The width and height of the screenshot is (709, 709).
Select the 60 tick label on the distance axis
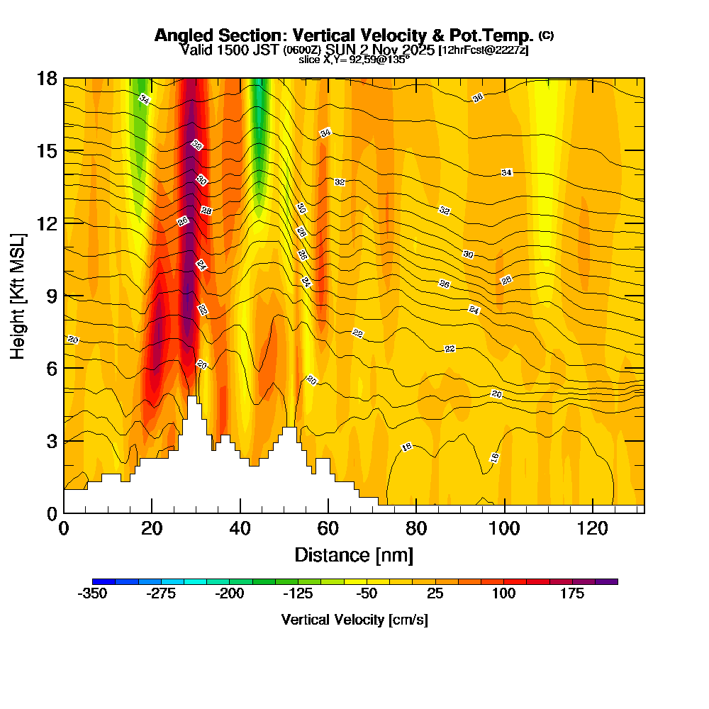tap(328, 528)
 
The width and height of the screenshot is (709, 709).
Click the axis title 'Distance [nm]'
tap(354, 554)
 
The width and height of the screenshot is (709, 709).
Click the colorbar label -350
tap(91, 594)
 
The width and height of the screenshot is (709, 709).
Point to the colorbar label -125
tap(298, 594)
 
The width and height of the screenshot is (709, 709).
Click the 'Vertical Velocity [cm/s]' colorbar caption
tap(354, 620)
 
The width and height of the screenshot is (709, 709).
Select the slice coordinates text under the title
tap(354, 60)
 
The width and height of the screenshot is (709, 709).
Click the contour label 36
tap(478, 97)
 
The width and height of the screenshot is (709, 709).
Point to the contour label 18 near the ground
tap(407, 447)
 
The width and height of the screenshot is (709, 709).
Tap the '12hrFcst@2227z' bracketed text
tap(484, 50)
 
